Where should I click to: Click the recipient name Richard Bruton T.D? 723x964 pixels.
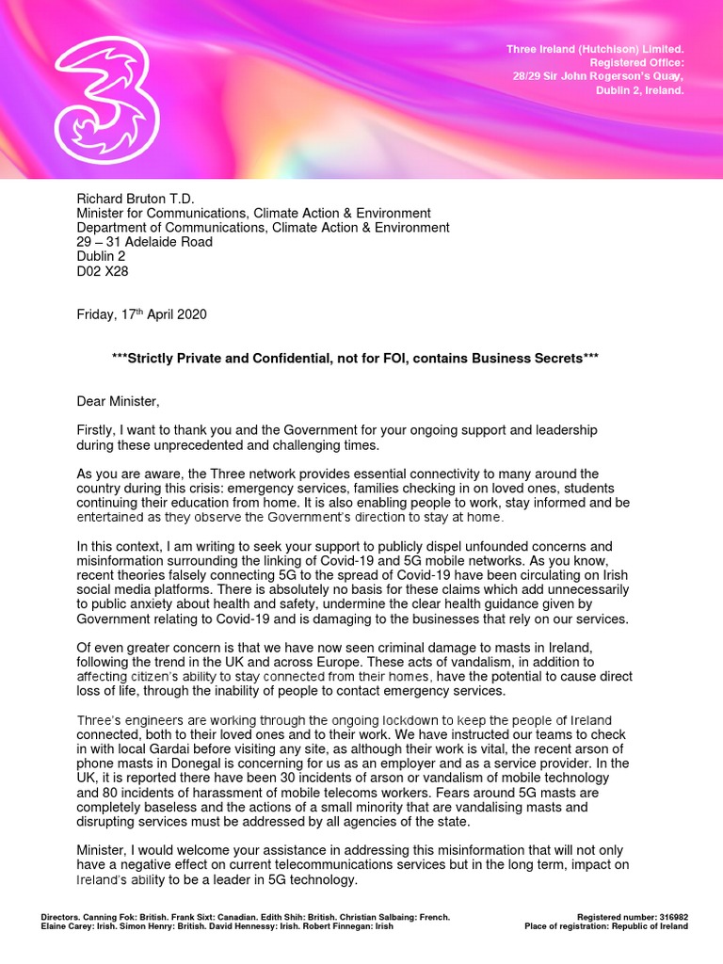[x=136, y=199]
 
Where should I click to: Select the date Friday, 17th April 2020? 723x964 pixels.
[x=141, y=314]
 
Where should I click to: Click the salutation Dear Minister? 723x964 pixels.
[x=119, y=402]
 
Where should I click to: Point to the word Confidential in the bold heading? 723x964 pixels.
[x=329, y=359]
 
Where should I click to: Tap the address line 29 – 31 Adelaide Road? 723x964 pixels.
[x=144, y=242]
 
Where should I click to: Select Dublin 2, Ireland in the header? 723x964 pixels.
[x=639, y=90]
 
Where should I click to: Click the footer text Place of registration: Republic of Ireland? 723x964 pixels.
[x=606, y=926]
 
